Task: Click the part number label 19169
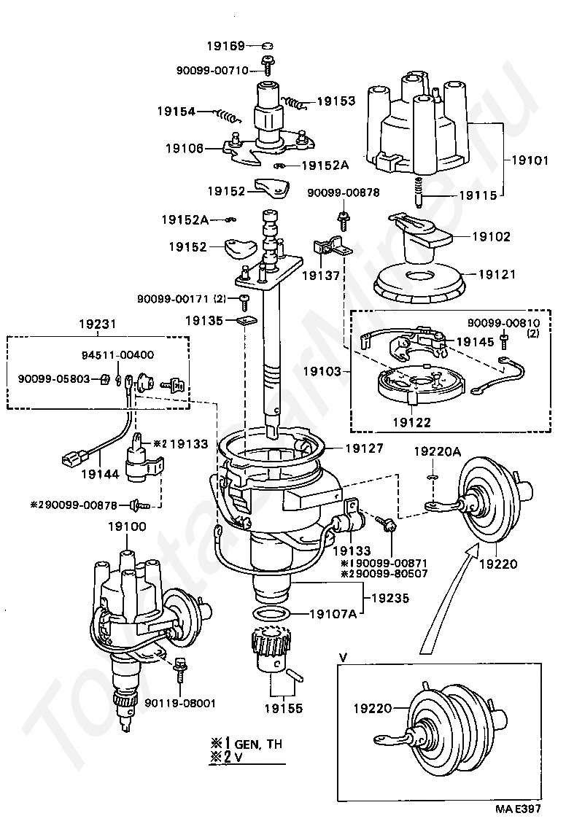(225, 46)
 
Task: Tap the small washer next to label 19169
(268, 46)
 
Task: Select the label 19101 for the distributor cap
(530, 160)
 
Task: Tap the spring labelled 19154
(228, 114)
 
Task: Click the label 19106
(185, 148)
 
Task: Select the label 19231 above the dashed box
(98, 324)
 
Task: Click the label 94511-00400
(117, 354)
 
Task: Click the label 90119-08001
(180, 703)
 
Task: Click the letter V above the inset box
(343, 656)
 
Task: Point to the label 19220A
(437, 452)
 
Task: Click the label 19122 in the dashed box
(411, 422)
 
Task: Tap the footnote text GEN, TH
(258, 744)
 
